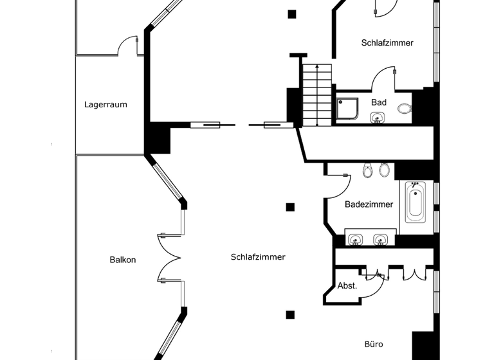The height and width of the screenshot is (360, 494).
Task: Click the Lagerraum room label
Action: tap(105, 104)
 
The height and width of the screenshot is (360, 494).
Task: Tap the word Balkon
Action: tap(122, 260)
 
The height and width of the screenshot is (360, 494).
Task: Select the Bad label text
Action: tap(379, 102)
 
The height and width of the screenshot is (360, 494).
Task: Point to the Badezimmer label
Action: tap(369, 204)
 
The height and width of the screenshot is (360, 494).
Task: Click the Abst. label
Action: tap(347, 286)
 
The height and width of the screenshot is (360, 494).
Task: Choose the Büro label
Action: tap(374, 345)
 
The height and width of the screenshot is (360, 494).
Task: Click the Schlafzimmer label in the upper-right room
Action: tap(387, 43)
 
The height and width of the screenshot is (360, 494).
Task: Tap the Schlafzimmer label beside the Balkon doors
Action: tap(258, 256)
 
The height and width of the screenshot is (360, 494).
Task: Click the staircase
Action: tap(316, 95)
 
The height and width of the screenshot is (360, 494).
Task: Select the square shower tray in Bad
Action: tap(349, 109)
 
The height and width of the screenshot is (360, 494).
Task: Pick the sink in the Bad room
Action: tap(378, 117)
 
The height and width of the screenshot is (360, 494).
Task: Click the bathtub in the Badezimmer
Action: tap(416, 202)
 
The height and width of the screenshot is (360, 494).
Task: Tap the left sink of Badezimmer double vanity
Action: tap(355, 239)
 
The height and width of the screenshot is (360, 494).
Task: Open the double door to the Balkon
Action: tap(170, 257)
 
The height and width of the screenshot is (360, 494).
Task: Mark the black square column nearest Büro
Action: tap(290, 314)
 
